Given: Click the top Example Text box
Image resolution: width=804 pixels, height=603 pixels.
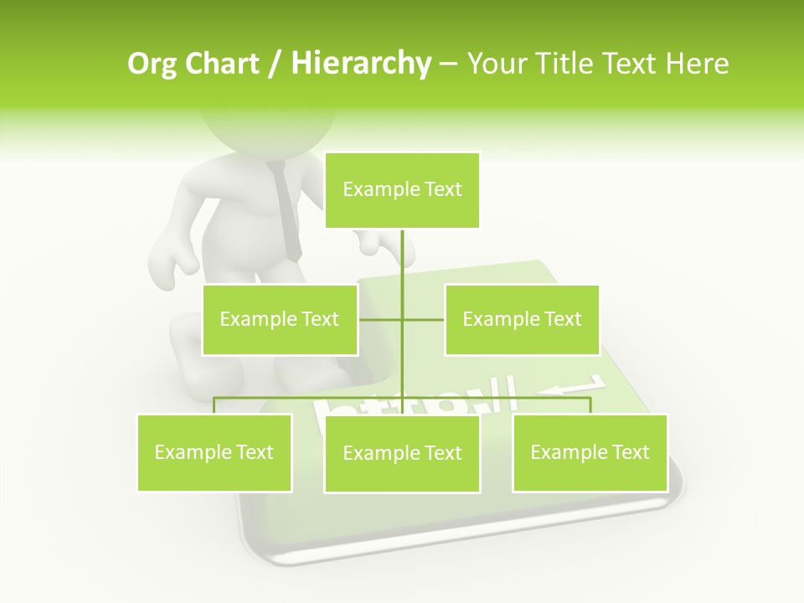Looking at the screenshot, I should [402, 190].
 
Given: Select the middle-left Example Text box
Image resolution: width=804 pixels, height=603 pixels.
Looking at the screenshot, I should [280, 319].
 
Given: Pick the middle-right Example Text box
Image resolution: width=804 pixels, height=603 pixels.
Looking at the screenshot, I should [522, 319].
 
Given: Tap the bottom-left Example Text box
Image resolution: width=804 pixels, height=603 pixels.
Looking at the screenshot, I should [214, 452].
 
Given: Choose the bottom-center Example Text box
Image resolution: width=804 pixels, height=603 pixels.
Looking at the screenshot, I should [402, 453].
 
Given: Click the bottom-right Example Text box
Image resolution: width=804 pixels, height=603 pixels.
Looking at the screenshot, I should [590, 452].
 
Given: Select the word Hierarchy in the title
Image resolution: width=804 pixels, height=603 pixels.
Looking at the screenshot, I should [360, 64].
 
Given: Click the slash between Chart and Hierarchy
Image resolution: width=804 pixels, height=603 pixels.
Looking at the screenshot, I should [274, 64].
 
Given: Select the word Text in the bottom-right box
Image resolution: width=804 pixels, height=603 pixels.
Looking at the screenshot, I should [631, 452].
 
